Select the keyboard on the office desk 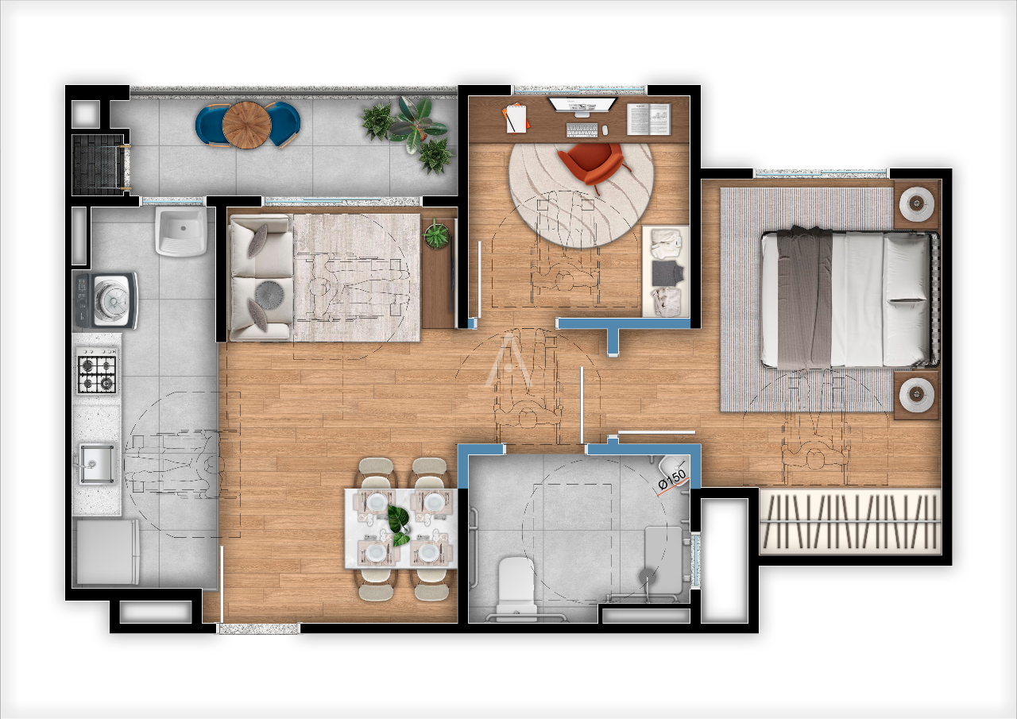tap(582, 129)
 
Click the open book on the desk tap(649, 119)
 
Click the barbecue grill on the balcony tap(98, 164)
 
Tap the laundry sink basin tap(181, 231)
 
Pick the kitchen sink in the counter tap(96, 463)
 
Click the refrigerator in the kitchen tap(106, 551)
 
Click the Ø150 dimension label tap(673, 478)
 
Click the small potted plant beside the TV tap(435, 234)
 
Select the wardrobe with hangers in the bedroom tap(849, 520)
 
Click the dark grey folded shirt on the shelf tap(666, 273)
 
